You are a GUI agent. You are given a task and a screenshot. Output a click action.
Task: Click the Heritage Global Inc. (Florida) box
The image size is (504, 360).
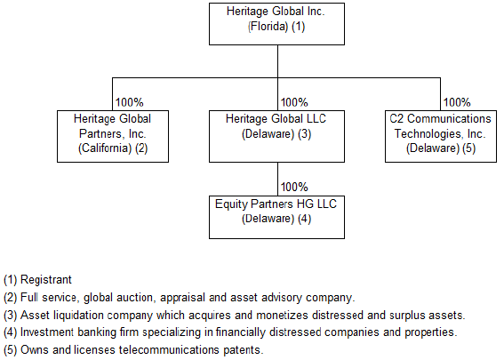coord(276,24)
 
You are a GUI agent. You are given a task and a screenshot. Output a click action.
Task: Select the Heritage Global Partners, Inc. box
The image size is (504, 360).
coord(113,136)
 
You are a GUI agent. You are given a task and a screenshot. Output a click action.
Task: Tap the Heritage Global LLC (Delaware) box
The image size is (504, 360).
coord(276,136)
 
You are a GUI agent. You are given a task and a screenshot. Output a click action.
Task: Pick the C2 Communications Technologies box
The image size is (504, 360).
coord(441,136)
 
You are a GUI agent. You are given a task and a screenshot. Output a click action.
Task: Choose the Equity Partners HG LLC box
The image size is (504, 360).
coord(276,217)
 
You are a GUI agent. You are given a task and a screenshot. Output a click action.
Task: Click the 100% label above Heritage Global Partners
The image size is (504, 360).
coord(129,102)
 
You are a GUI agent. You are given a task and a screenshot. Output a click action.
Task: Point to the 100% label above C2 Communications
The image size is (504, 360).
coord(457,102)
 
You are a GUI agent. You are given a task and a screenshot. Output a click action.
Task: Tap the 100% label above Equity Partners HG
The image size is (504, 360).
coord(294,187)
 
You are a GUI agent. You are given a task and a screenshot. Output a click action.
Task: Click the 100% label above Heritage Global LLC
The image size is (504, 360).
coord(294,102)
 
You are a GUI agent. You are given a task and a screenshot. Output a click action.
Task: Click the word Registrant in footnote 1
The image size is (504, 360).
coord(46,280)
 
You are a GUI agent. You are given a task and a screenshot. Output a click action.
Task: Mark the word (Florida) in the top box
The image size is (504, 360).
coord(268,27)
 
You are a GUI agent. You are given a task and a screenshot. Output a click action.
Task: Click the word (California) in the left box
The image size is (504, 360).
coord(105,148)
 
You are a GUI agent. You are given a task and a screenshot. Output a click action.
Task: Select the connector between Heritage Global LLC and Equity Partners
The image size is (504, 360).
coord(277,179)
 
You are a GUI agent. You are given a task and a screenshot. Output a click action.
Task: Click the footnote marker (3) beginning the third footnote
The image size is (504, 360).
coord(11,316)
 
